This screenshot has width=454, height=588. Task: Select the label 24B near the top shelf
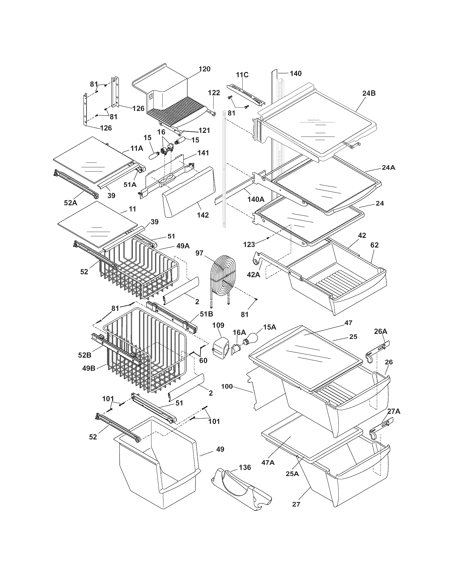click(369, 93)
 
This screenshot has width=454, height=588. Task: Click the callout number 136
click(244, 467)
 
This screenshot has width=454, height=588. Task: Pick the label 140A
click(256, 199)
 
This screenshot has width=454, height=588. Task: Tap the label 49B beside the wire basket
click(89, 368)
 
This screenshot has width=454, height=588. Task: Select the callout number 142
click(203, 215)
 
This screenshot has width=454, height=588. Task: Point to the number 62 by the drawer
click(374, 245)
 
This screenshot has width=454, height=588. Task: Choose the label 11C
click(242, 75)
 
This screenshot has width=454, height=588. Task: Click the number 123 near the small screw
click(249, 245)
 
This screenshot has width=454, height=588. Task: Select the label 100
click(227, 386)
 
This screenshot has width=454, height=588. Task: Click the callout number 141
click(203, 153)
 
